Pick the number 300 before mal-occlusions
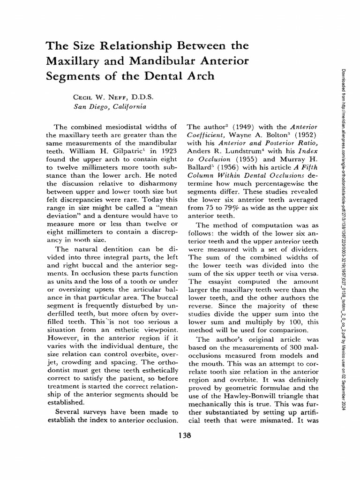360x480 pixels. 295,346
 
